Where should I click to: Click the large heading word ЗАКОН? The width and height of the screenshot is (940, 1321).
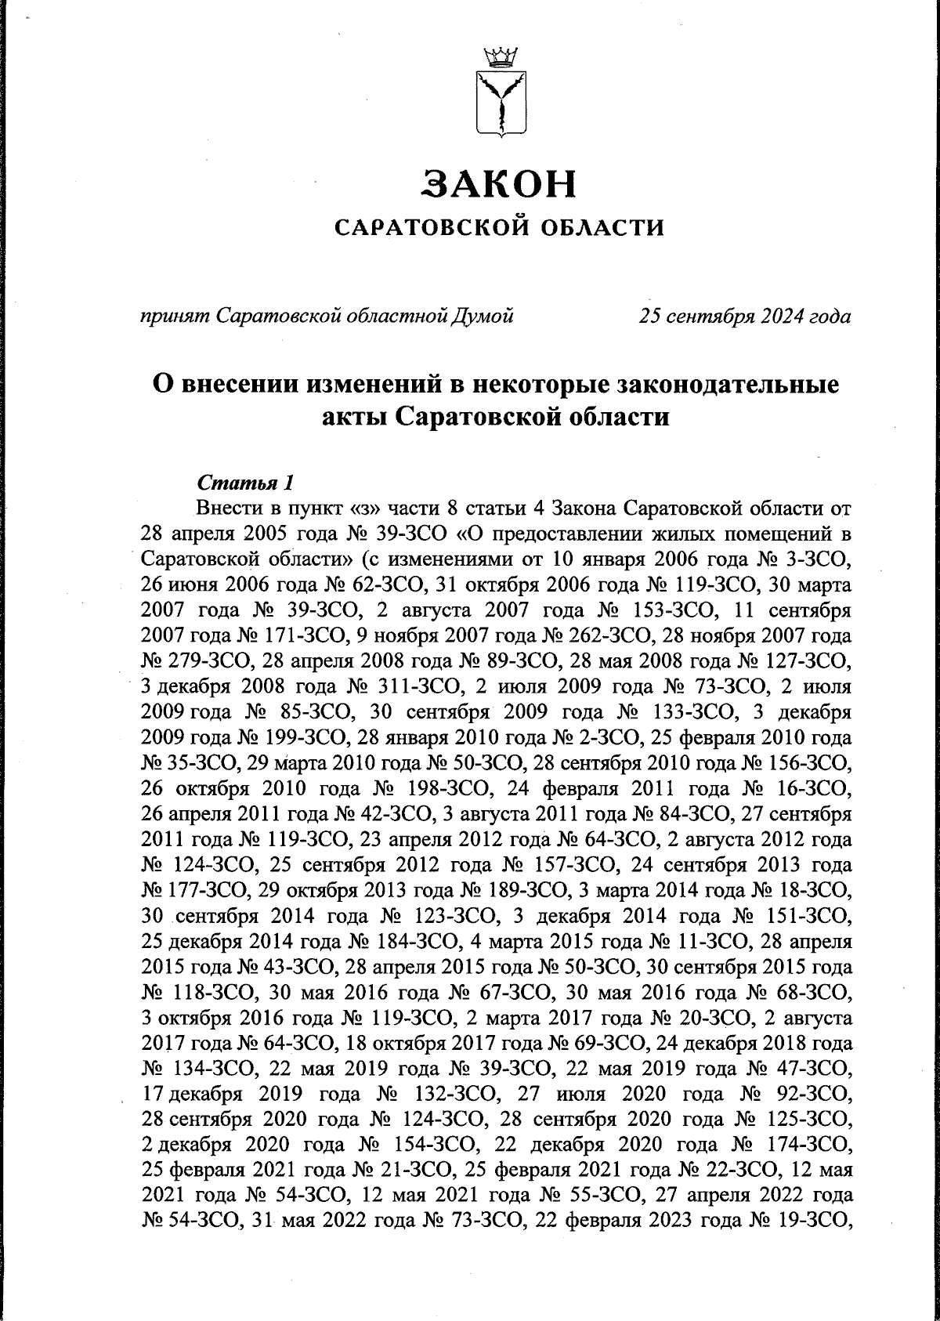coord(499,183)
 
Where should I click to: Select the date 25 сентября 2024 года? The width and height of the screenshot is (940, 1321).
coord(745,317)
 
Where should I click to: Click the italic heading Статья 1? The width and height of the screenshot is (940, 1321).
coord(246,480)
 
